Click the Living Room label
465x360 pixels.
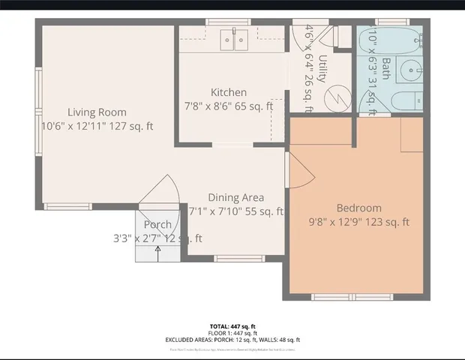97,112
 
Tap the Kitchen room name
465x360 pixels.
228,92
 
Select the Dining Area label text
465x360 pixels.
235,197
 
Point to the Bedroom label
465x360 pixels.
358,208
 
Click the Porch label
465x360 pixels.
157,224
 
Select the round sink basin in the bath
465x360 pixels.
409,72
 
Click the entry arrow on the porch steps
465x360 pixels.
158,253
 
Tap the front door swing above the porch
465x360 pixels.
160,190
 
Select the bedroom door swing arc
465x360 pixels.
300,172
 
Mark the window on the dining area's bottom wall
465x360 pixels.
239,259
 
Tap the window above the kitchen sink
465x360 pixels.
228,22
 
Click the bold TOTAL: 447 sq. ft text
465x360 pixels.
232,326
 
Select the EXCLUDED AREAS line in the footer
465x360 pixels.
232,340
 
